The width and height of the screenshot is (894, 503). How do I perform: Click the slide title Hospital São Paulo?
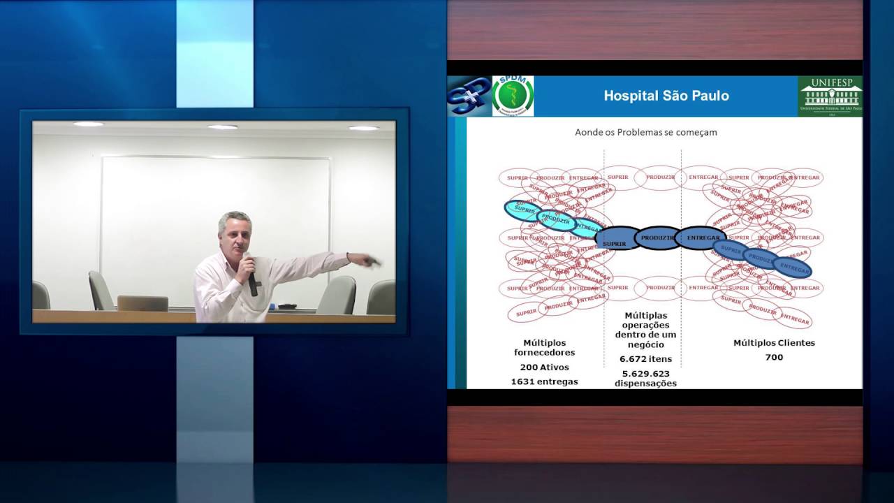coord(666,96)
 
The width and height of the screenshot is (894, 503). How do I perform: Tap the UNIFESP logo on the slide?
coord(830,96)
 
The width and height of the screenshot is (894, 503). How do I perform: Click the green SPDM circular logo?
coord(513,96)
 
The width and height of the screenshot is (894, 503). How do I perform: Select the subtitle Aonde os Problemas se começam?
coord(645,131)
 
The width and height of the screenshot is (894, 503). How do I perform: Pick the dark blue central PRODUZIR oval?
coord(657,238)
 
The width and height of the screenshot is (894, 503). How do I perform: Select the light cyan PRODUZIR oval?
coord(556,220)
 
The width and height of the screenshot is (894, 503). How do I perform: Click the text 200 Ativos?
coord(544,367)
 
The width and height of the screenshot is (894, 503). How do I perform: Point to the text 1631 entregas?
coord(544,381)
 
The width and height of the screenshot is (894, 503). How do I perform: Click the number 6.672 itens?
coord(645,358)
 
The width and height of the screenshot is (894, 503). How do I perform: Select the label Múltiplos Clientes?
coord(774,342)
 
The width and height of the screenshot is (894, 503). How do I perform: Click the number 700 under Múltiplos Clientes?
coord(774,357)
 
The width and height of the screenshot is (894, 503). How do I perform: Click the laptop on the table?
coord(142,303)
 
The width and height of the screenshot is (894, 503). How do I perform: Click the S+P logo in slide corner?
coord(469,96)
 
